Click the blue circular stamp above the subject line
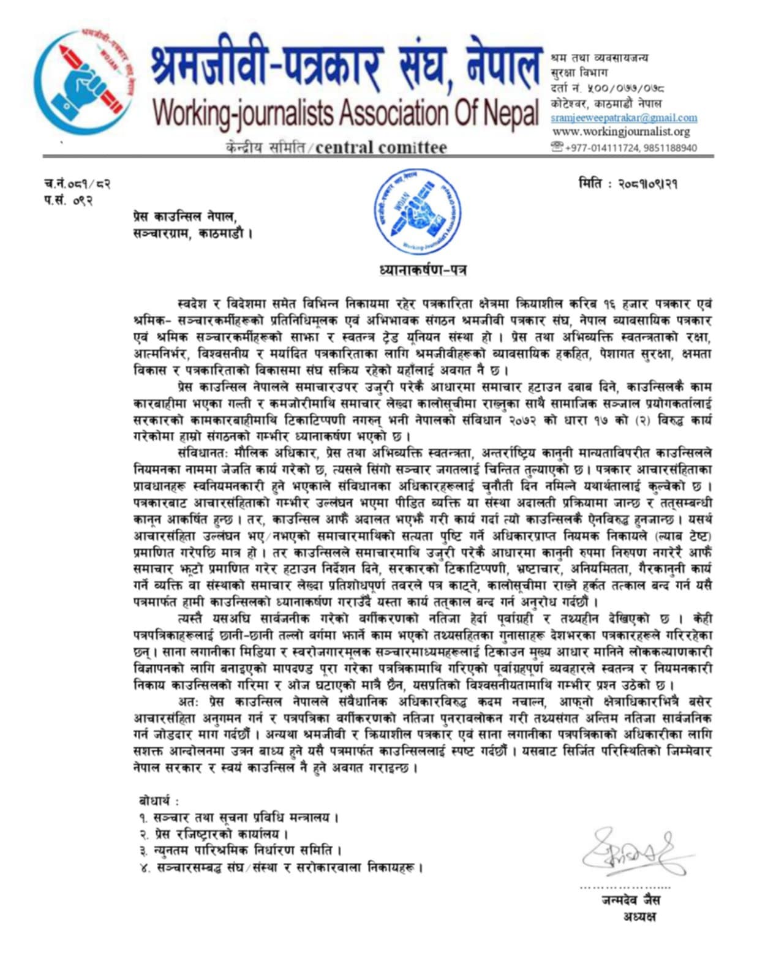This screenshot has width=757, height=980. (x=418, y=213)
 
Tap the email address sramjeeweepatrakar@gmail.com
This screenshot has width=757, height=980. (x=623, y=118)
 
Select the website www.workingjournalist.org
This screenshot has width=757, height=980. (x=621, y=132)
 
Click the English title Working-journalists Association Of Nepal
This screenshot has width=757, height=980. (x=346, y=112)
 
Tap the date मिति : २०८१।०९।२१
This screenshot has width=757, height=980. (x=628, y=184)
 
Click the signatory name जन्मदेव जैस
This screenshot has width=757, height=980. (x=630, y=900)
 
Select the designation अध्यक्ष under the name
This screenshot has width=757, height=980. (x=639, y=916)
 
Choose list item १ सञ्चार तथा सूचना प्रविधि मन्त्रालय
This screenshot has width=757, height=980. (x=239, y=817)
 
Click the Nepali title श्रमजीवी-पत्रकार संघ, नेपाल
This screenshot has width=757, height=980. (x=346, y=63)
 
